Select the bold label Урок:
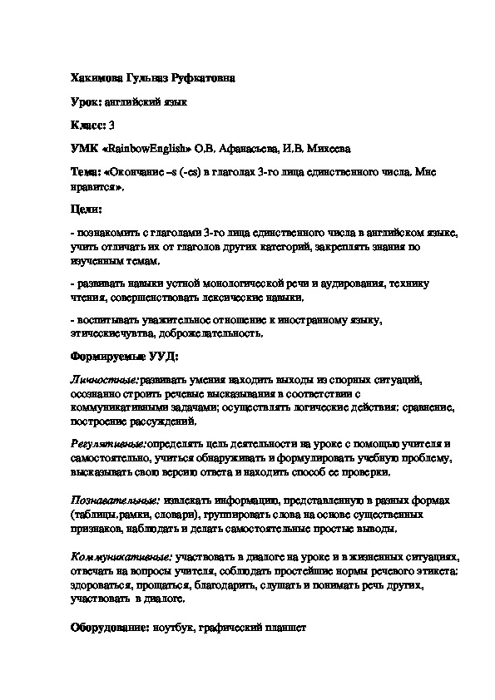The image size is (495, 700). [x=87, y=102]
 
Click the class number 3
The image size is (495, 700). [x=111, y=126]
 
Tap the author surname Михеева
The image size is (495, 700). [x=327, y=149]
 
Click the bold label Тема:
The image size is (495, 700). [x=86, y=172]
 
